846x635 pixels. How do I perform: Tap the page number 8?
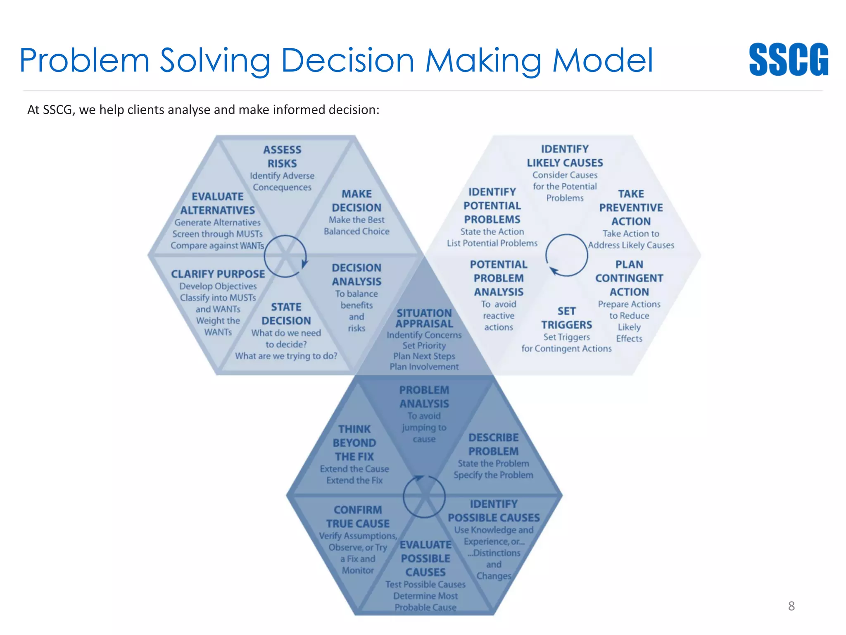pyautogui.click(x=791, y=606)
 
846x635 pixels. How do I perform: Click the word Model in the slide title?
pyautogui.click(x=603, y=60)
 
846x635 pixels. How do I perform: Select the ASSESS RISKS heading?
pyautogui.click(x=282, y=156)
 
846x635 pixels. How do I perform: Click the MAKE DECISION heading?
pyautogui.click(x=356, y=201)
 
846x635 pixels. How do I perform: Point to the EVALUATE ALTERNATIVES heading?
pyautogui.click(x=218, y=203)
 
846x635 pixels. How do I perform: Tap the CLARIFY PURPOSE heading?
pyautogui.click(x=218, y=274)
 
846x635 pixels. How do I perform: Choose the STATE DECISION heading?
pyautogui.click(x=286, y=314)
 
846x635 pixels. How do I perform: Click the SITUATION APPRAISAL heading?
pyautogui.click(x=424, y=318)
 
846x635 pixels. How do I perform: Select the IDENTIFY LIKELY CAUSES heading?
pyautogui.click(x=565, y=156)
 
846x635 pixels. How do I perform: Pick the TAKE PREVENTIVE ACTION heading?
pyautogui.click(x=631, y=208)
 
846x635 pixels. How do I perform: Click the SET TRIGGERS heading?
pyautogui.click(x=566, y=318)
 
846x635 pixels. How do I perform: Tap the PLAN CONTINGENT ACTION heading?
pyautogui.click(x=629, y=278)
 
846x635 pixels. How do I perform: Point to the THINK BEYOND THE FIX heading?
pyautogui.click(x=354, y=443)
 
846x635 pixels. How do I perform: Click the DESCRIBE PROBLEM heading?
pyautogui.click(x=493, y=444)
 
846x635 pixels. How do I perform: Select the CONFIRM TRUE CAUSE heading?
pyautogui.click(x=358, y=517)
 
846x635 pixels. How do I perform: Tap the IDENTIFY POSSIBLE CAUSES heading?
pyautogui.click(x=494, y=511)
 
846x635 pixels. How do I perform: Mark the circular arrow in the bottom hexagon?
pyautogui.click(x=424, y=497)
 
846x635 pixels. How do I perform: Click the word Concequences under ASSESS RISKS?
pyautogui.click(x=282, y=187)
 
